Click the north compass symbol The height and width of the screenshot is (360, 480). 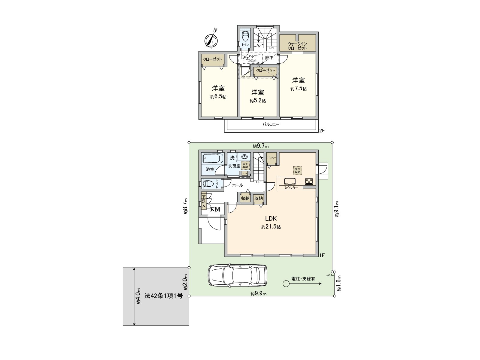211,40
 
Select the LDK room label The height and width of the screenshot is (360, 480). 271,218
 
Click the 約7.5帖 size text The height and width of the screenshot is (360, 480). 298,89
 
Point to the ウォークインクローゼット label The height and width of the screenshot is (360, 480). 297,46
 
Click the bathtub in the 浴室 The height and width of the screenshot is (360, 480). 213,158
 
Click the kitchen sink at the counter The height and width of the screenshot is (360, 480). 290,181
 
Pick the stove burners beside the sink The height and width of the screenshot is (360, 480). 309,181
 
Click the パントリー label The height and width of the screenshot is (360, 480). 272,157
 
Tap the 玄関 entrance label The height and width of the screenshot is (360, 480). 214,209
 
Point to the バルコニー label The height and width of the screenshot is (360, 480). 271,124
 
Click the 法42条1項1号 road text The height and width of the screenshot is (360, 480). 163,296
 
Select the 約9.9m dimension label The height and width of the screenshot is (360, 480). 259,294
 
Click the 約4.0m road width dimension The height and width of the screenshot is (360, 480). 138,296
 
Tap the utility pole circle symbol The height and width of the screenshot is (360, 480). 286,283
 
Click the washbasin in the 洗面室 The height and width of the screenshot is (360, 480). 245,157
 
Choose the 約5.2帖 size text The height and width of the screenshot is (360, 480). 257,101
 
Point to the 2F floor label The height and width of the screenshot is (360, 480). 322,130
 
